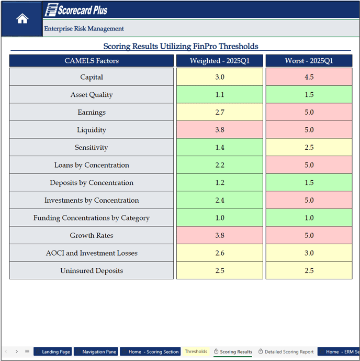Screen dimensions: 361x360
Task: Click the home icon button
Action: [x=22, y=19]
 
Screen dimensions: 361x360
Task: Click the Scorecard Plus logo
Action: [x=76, y=9]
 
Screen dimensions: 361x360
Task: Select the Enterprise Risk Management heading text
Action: [x=84, y=29]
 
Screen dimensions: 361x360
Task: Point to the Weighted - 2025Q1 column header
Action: [x=219, y=61]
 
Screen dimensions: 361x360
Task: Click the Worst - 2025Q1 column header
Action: [x=309, y=61]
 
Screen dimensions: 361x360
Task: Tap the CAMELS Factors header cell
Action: [x=92, y=61]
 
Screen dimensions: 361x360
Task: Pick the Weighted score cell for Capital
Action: [x=219, y=77]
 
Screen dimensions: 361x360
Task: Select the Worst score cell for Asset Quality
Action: [x=309, y=95]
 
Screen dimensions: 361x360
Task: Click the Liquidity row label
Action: [x=92, y=130]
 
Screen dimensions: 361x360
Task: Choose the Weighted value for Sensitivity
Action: [x=219, y=148]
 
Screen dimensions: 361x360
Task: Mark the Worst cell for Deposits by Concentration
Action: [x=309, y=183]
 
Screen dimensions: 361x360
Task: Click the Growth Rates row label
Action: [x=92, y=236]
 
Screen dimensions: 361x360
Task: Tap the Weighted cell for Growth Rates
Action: [x=219, y=236]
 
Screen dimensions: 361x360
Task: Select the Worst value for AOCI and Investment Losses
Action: [x=309, y=253]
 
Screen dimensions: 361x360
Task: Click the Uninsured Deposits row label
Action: [x=92, y=271]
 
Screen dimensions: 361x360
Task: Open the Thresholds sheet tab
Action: [x=196, y=352]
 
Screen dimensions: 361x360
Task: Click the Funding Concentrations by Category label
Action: [x=92, y=218]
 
